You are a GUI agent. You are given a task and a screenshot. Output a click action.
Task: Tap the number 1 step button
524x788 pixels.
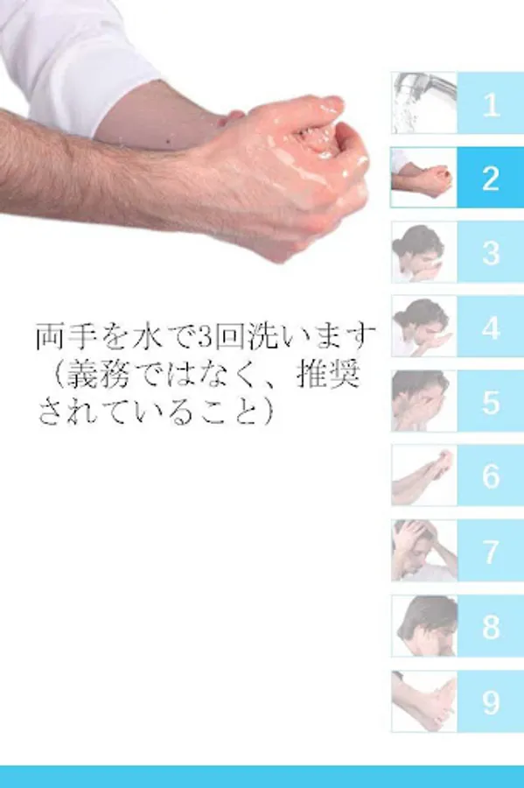click(491, 103)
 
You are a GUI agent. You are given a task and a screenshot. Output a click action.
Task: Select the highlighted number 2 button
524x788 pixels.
click(491, 178)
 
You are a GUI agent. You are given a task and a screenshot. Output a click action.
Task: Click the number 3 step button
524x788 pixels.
click(491, 252)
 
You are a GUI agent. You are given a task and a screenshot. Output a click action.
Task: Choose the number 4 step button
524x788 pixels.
click(491, 327)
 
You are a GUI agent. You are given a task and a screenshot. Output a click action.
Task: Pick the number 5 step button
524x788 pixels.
click(491, 401)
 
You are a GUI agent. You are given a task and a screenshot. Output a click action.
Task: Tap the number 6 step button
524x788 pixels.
click(491, 475)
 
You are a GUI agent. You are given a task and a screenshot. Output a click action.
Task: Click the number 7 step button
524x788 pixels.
click(491, 551)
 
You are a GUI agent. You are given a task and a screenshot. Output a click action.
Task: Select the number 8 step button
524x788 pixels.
click(491, 626)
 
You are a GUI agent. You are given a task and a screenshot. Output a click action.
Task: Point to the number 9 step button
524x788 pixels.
click(491, 701)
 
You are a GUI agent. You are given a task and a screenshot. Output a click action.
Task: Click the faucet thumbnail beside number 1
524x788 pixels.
click(424, 103)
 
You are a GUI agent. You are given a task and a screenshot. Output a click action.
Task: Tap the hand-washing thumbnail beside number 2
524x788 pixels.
click(424, 178)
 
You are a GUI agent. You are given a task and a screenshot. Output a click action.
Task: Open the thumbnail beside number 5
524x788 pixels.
click(424, 401)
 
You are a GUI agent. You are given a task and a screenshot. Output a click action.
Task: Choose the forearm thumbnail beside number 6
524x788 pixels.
click(424, 475)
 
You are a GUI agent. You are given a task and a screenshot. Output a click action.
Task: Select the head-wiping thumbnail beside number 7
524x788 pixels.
click(424, 551)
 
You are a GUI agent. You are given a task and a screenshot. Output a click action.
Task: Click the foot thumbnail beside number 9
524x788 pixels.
click(424, 701)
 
